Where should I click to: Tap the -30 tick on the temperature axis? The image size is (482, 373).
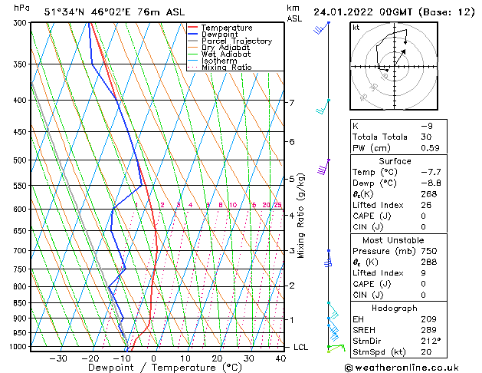[x=57, y=358]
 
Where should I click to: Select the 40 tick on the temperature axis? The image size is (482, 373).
[x=281, y=358]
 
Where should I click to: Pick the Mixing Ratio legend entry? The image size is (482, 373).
[x=226, y=67]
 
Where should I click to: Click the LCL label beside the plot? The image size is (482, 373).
[x=301, y=347]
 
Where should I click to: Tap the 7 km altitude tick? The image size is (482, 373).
[x=291, y=102]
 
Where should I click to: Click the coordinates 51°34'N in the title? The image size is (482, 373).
[x=65, y=12]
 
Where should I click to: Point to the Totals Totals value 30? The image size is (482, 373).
[x=427, y=137]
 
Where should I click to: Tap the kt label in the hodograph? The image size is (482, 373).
[x=356, y=28]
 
